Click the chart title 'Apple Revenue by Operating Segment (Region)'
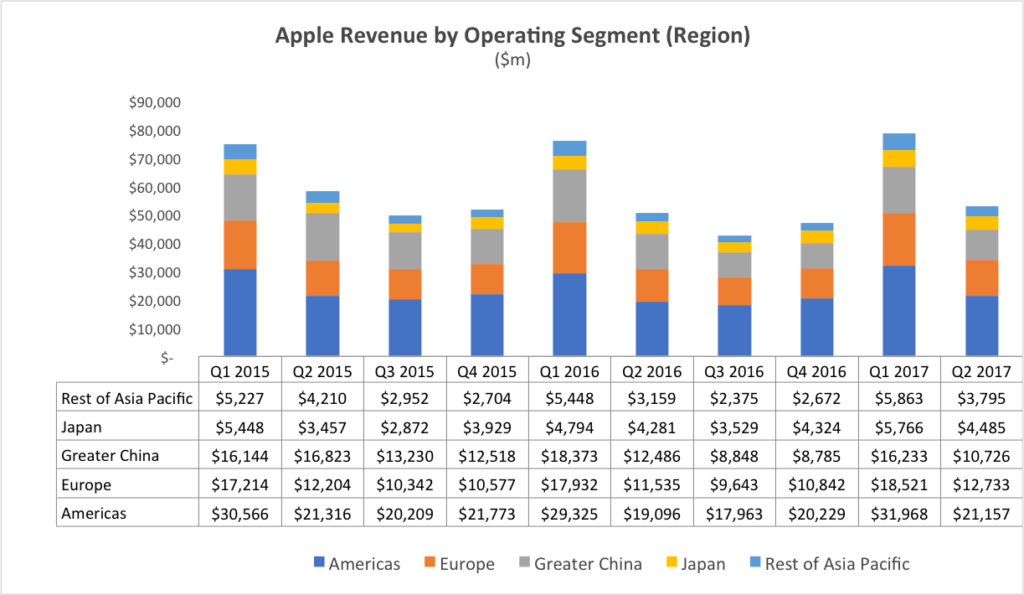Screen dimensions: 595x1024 pyautogui.click(x=512, y=36)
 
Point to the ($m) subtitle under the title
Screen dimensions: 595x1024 pyautogui.click(x=512, y=60)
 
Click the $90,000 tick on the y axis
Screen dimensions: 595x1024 pyautogui.click(x=155, y=102)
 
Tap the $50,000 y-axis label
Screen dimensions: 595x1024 pyautogui.click(x=155, y=215)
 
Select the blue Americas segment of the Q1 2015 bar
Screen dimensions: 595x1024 pyautogui.click(x=239, y=312)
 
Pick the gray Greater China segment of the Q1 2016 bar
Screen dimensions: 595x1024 pyautogui.click(x=569, y=195)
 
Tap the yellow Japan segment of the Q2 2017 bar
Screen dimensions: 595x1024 pyautogui.click(x=981, y=223)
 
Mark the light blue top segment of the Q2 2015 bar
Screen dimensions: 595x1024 pyautogui.click(x=322, y=197)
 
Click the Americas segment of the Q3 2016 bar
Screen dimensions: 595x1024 pyautogui.click(x=734, y=329)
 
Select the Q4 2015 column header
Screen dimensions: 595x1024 pyautogui.click(x=486, y=371)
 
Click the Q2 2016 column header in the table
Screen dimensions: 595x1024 pyautogui.click(x=651, y=371)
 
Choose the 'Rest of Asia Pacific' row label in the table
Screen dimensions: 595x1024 pyautogui.click(x=127, y=399)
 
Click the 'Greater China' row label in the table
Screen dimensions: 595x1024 pyautogui.click(x=110, y=456)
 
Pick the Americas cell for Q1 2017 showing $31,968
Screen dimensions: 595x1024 pyautogui.click(x=899, y=513)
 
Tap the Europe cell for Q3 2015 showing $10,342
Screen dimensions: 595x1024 pyautogui.click(x=404, y=484)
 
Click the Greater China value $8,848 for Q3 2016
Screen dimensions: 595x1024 pyautogui.click(x=734, y=456)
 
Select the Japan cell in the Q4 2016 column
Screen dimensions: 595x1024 pyautogui.click(x=816, y=427)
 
